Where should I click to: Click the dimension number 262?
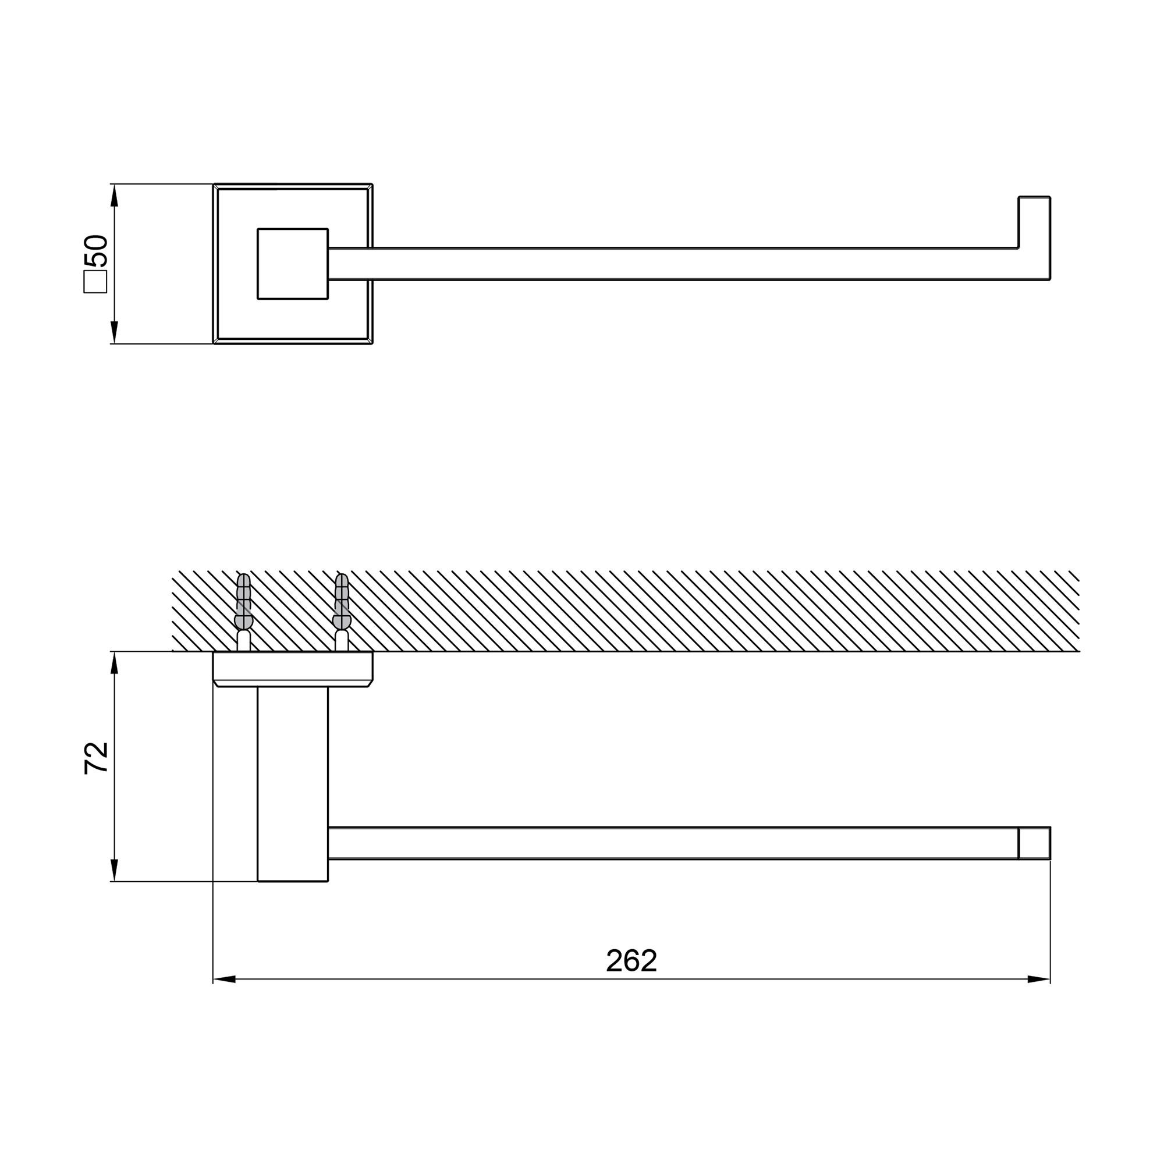[x=631, y=960]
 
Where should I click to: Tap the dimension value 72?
[x=97, y=758]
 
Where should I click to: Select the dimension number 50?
[x=97, y=251]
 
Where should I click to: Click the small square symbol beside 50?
[x=95, y=281]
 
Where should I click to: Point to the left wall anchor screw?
[x=243, y=612]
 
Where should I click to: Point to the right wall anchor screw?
[x=342, y=612]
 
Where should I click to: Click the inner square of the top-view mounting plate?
[x=293, y=264]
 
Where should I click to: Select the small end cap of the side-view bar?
[x=1034, y=843]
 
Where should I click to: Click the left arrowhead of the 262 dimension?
[x=224, y=979]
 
